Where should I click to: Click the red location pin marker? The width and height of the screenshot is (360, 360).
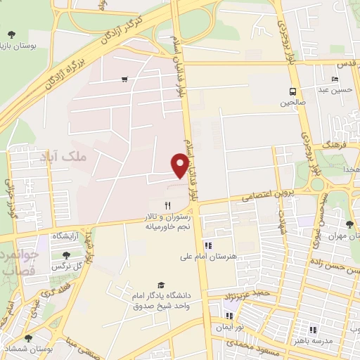179,165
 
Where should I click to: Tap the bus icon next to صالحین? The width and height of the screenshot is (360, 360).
292,91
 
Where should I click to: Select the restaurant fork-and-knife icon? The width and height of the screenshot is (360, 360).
167,205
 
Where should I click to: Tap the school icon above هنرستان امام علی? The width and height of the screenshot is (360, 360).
207,245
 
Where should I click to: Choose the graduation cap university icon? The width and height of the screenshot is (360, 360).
162,285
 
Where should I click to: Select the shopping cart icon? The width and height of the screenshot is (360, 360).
124,79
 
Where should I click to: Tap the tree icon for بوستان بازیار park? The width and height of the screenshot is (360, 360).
11,34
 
